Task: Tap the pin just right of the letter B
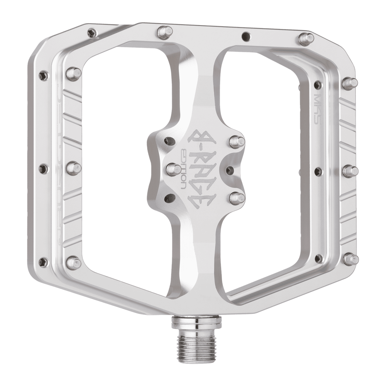pos(236,141)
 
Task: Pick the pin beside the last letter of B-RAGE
pos(237,198)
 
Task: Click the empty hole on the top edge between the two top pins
pos(245,37)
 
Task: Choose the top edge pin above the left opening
pos(165,31)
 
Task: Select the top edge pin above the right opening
pos(306,39)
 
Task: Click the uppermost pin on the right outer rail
pos(350,83)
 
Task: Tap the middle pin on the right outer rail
pos(350,170)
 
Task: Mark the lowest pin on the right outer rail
pos(350,259)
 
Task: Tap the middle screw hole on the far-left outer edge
pos(44,168)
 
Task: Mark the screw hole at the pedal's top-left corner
pos(91,32)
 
